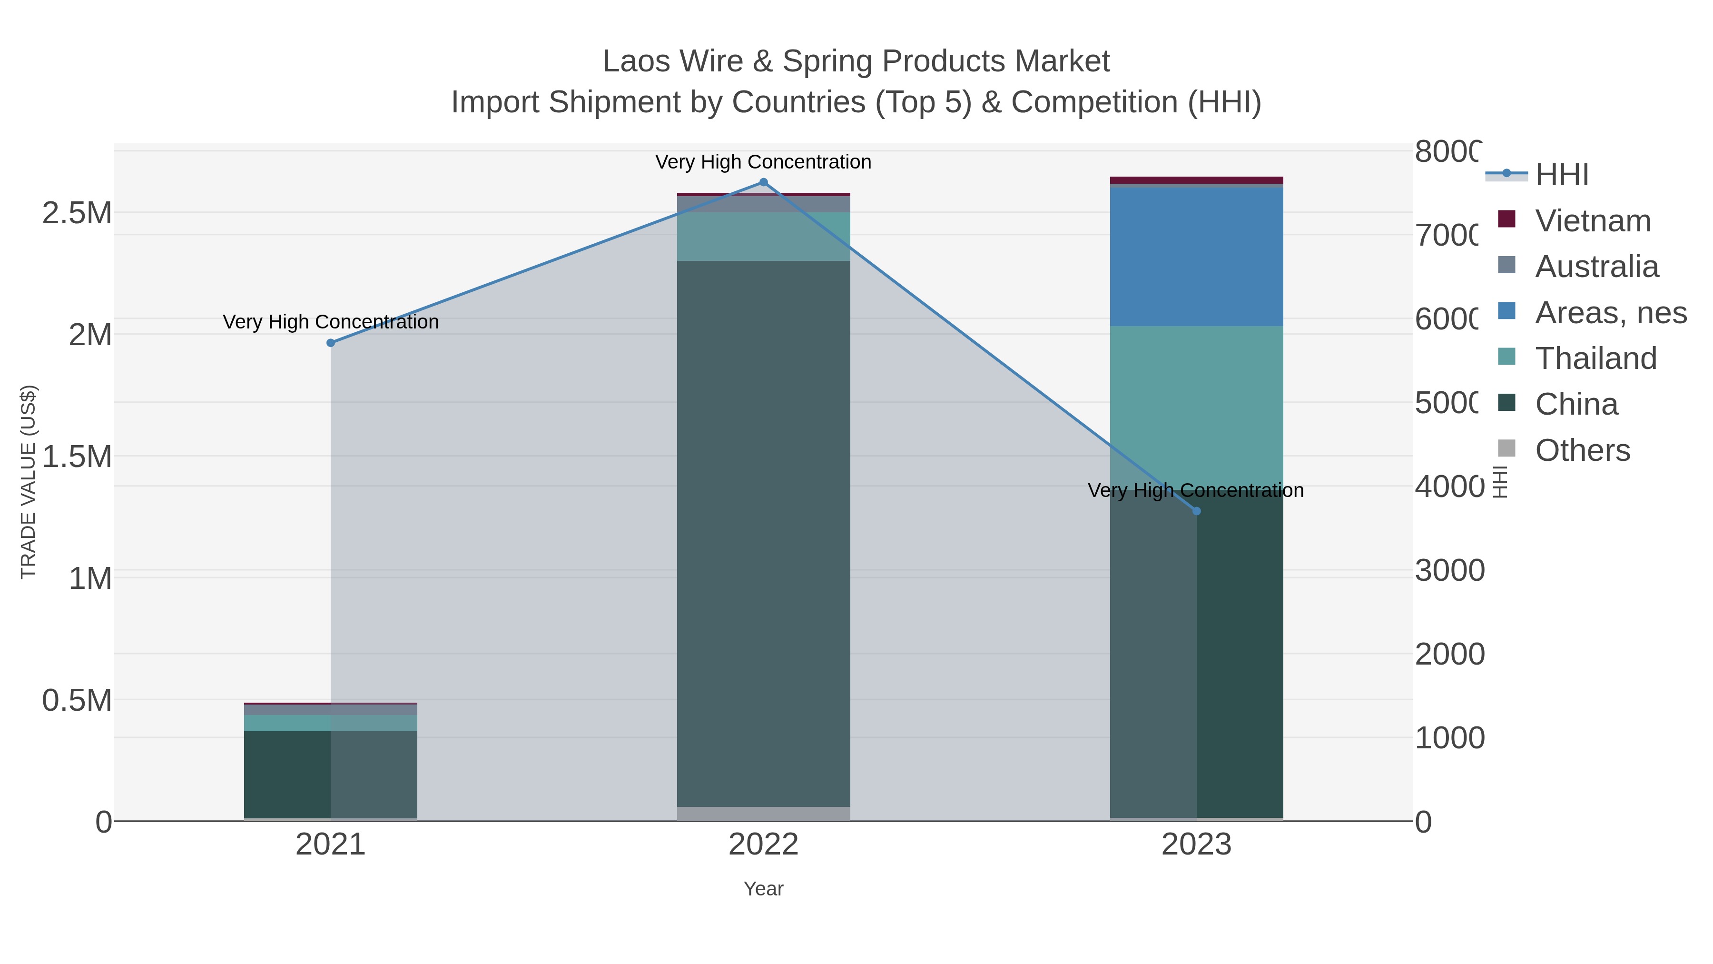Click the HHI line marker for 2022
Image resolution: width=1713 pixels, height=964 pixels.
point(763,182)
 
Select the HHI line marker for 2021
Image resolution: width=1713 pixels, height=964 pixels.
point(331,343)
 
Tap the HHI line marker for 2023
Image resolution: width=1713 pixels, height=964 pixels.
point(1196,511)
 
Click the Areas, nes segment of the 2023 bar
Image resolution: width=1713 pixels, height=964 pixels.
point(1196,257)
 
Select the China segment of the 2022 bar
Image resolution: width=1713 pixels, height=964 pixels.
point(763,532)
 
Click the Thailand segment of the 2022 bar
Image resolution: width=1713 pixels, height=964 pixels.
point(763,236)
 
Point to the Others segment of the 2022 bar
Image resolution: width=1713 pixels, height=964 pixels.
point(763,814)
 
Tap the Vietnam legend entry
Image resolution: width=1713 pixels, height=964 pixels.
point(1592,221)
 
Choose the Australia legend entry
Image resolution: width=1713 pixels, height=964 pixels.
point(1596,267)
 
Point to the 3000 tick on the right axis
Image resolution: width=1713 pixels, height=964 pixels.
point(1450,571)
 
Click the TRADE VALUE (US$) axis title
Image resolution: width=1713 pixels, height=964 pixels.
point(29,482)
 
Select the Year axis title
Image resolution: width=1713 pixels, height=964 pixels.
point(763,889)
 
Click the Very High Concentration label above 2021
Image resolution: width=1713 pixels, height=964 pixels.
point(331,322)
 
